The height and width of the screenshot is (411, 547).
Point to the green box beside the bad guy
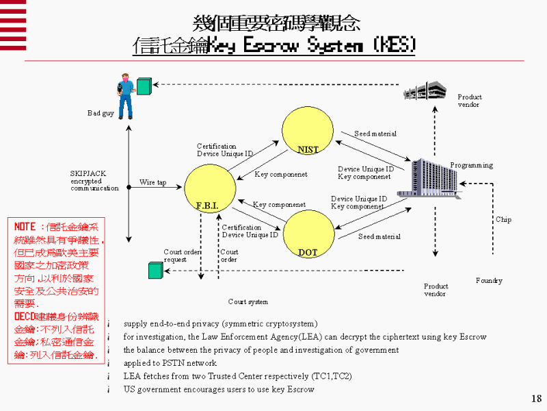pos(144,86)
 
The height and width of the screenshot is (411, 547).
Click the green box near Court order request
pos(155,271)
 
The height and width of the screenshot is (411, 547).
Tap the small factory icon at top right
pos(424,91)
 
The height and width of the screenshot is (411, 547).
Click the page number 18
pos(536,399)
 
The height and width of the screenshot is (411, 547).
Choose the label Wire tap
pos(153,183)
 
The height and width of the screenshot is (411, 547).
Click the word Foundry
pos(489,281)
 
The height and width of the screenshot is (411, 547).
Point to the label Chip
pos(503,220)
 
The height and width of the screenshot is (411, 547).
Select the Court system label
pos(248,302)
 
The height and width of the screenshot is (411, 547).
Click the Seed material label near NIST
pos(375,134)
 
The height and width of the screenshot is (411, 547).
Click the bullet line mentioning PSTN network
pos(170,363)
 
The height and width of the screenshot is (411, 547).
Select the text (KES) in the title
pos(395,46)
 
